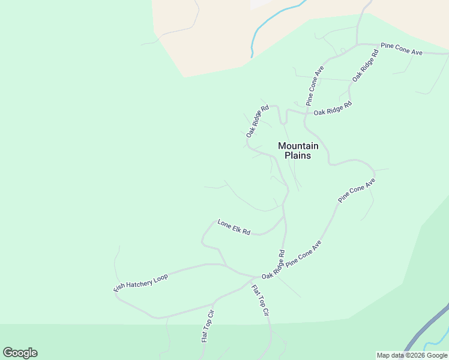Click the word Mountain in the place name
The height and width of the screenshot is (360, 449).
298,146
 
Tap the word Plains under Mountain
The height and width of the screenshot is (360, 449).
298,155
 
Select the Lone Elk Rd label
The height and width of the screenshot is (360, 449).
234,227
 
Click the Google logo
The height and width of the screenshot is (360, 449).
20,353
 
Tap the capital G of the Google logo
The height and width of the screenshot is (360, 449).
8,352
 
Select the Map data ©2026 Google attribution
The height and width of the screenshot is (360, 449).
412,355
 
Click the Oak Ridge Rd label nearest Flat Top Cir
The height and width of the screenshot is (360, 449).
273,265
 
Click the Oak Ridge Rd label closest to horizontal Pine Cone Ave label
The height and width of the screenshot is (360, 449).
366,65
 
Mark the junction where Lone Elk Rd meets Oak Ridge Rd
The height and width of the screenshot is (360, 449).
283,218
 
